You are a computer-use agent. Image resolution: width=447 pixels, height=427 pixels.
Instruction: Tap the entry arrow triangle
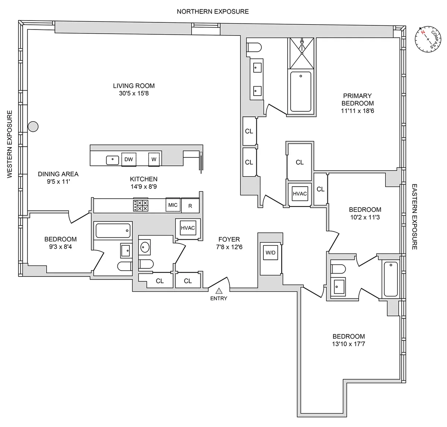(219, 291)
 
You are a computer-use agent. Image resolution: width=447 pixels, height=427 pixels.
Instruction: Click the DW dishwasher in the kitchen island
(129, 159)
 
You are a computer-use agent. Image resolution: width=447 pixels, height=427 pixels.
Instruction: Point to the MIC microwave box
(173, 205)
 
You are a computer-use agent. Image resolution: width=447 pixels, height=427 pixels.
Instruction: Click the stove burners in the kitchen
(141, 206)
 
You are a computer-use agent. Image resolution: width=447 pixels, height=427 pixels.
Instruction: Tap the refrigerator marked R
(190, 206)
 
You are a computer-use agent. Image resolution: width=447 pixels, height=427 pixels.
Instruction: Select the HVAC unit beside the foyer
(188, 228)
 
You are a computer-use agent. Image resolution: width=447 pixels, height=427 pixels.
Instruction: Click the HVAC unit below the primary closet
(299, 194)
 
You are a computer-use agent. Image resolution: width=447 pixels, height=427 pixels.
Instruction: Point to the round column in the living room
(34, 127)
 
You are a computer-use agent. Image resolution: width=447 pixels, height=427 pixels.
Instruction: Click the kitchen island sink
(112, 160)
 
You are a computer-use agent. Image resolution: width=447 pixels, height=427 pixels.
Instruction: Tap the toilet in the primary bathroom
(255, 47)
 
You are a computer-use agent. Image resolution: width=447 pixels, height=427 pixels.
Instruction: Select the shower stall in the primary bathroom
(301, 53)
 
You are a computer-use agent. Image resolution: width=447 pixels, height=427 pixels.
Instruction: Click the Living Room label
(134, 86)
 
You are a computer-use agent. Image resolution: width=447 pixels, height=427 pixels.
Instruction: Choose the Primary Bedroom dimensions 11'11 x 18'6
(357, 111)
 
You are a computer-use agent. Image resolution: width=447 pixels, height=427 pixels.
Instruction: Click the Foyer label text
(229, 239)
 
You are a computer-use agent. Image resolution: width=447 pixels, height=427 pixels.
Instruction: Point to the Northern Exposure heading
(213, 12)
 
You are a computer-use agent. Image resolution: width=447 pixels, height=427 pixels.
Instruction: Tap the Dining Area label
(58, 174)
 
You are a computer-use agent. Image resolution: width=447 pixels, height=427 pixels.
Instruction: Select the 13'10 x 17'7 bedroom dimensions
(349, 344)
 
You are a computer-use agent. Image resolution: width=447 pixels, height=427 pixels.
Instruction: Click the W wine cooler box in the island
(154, 159)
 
